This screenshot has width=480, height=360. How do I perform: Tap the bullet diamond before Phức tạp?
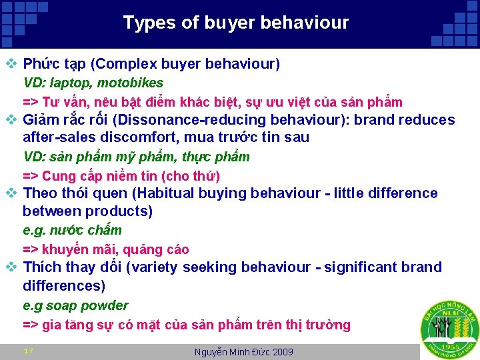(11, 65)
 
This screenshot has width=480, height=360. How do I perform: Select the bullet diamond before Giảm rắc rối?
(11, 121)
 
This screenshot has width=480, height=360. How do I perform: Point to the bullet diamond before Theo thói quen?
(11, 194)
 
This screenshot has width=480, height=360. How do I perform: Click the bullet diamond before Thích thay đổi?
(11, 267)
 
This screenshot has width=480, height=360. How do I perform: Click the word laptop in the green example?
(70, 83)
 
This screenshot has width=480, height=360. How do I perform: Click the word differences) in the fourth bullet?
(64, 285)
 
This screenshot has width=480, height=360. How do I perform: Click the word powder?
(105, 306)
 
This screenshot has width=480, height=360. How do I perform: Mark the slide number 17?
(29, 351)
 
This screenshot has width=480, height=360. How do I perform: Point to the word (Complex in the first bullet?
(117, 65)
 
